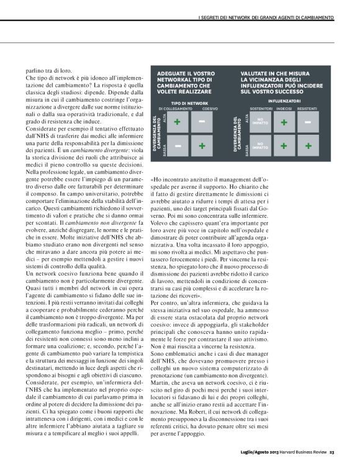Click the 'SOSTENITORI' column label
pos(259,109)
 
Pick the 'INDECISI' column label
pos(284,109)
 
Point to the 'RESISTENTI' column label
pos(307,109)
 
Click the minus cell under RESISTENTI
pos(308,122)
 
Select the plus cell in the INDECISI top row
pos(284,122)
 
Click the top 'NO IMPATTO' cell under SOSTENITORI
pos(260,122)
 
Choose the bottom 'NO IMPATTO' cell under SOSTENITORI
pos(260,146)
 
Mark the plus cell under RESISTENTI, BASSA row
pos(308,146)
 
